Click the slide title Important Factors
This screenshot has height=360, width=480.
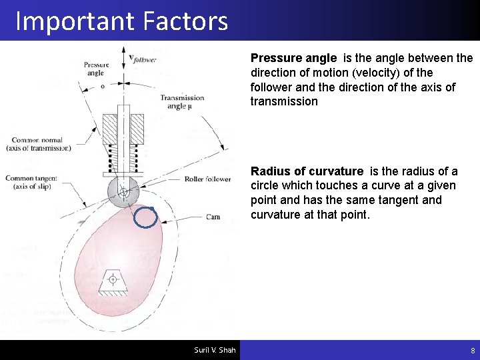(x=121, y=21)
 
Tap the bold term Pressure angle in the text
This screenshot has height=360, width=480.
(x=293, y=59)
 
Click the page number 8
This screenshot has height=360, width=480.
(x=473, y=350)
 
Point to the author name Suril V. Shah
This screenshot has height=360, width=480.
(x=215, y=350)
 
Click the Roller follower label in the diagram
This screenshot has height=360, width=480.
(x=207, y=179)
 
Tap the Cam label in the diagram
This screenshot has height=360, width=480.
(x=213, y=217)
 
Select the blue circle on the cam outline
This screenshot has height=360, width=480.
(x=146, y=217)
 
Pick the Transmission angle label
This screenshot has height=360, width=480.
(x=182, y=102)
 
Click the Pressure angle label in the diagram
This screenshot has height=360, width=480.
(x=96, y=69)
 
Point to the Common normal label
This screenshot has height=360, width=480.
(x=37, y=144)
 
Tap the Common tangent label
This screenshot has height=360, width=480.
(x=31, y=182)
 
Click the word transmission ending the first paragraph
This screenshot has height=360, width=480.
(x=284, y=101)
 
